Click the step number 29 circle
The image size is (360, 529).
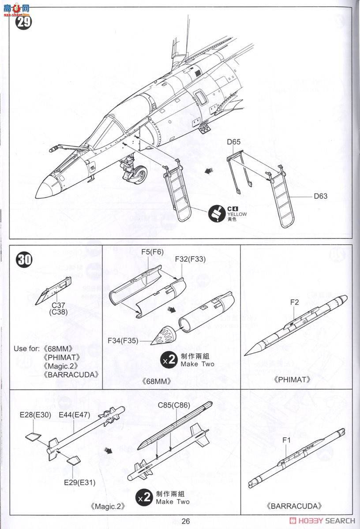click(x=23, y=21)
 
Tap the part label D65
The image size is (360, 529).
click(x=234, y=142)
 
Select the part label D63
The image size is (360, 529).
click(x=321, y=196)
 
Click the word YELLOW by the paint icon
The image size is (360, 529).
click(x=237, y=214)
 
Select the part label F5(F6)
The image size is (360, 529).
click(x=152, y=252)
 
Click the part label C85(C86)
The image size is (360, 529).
click(x=173, y=405)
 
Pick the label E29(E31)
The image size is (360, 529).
click(x=79, y=482)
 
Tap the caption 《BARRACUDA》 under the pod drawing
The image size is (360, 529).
click(x=294, y=506)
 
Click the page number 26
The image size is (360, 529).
click(x=185, y=521)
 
